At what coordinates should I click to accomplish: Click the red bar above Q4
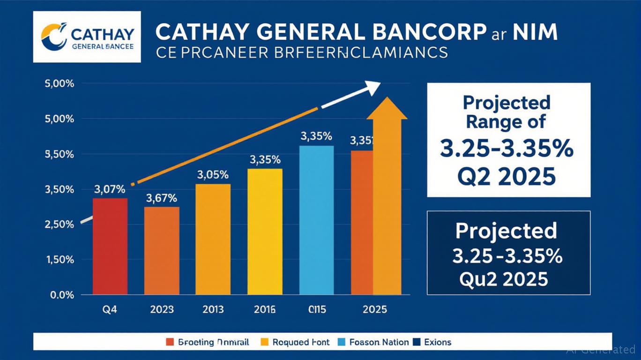coord(110,246)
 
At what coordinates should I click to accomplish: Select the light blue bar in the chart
coord(316,220)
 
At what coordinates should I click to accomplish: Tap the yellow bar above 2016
coord(265,232)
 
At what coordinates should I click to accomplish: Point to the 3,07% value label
coord(110,190)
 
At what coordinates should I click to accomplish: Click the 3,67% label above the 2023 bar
coord(162,198)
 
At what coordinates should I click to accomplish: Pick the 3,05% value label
coord(213,175)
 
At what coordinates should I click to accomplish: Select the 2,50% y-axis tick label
coord(60,225)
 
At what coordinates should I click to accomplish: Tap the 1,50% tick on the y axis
coord(60,260)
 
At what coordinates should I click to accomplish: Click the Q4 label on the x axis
coord(110,309)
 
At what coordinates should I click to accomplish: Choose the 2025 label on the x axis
coord(374,309)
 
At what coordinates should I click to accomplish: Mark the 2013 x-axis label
coord(213,309)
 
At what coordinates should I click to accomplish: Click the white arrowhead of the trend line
coord(373,87)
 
